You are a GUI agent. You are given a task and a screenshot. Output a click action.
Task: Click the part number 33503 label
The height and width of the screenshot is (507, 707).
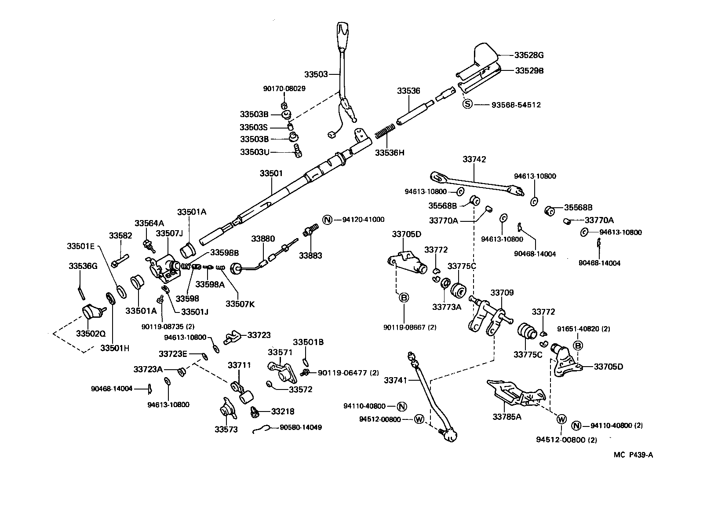click(316, 74)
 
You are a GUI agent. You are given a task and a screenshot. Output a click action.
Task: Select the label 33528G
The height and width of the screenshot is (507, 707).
click(529, 55)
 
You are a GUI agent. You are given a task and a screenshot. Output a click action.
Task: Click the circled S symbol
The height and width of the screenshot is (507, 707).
click(467, 104)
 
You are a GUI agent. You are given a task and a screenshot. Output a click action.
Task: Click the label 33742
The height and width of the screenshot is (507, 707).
click(474, 159)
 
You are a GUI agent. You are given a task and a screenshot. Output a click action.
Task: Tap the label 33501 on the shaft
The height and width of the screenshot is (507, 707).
click(271, 173)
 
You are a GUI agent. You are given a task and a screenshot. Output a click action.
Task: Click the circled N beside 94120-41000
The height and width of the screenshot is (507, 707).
click(327, 220)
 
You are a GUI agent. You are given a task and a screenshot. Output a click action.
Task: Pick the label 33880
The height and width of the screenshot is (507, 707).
click(263, 239)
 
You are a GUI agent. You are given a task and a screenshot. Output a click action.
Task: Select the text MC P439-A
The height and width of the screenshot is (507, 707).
click(633, 455)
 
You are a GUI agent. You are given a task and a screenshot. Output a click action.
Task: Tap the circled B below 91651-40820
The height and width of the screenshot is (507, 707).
click(578, 346)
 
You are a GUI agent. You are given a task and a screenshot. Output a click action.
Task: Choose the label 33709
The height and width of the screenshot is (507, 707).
click(502, 293)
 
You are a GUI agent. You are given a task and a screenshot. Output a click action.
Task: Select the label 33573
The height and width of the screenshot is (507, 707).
click(226, 429)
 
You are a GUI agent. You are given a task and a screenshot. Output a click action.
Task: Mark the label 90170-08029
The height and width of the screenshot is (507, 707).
click(284, 88)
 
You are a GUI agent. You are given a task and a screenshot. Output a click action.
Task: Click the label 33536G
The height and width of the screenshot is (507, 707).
click(83, 266)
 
